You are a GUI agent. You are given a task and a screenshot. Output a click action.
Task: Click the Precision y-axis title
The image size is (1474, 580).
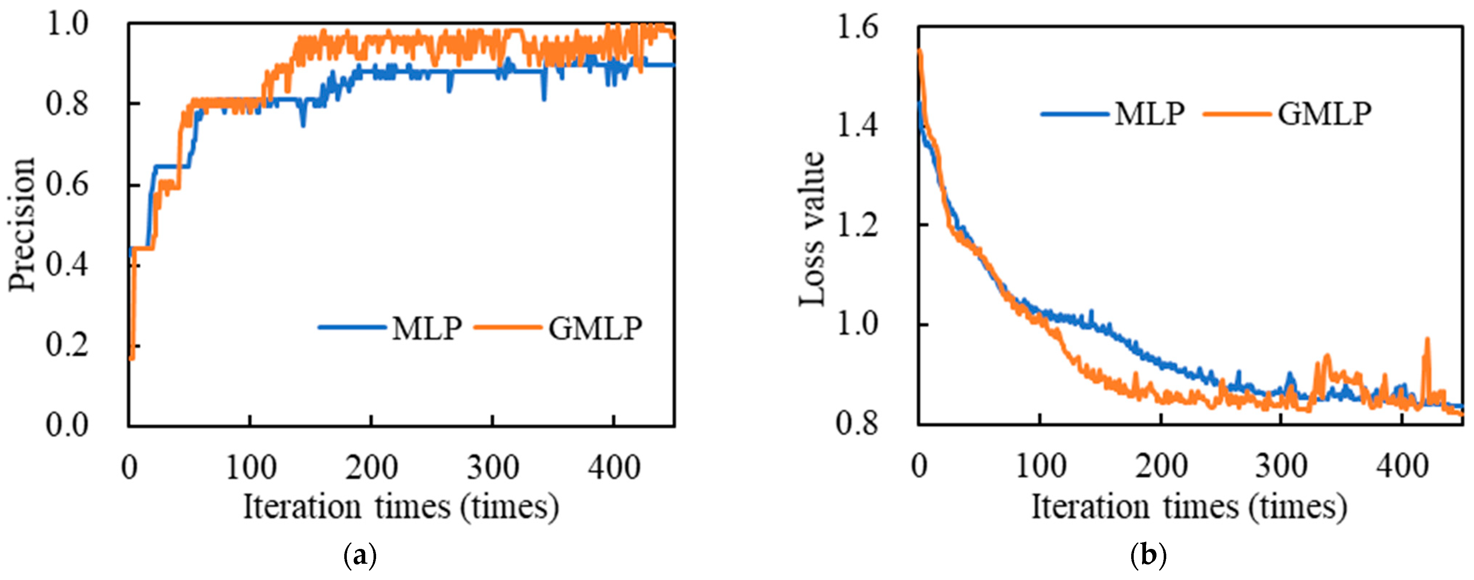click(23, 224)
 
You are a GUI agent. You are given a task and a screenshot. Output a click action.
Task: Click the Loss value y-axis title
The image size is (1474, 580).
click(812, 229)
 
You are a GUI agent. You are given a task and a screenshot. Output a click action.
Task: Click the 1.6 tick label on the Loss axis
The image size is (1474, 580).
click(857, 27)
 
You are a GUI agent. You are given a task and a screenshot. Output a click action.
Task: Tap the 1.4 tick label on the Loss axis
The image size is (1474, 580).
click(857, 126)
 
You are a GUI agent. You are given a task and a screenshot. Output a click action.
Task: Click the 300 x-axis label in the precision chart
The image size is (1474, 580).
click(493, 468)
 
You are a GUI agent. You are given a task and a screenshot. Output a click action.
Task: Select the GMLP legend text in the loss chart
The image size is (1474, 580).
click(1325, 114)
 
